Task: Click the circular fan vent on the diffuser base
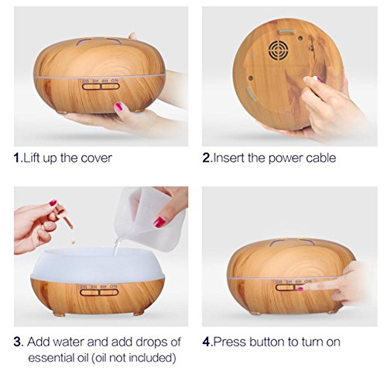click(x=278, y=50)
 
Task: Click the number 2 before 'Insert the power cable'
click(x=207, y=158)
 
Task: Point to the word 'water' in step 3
click(x=69, y=342)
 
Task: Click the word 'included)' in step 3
click(x=152, y=358)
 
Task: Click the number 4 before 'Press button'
click(x=207, y=342)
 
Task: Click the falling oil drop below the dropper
click(x=74, y=242)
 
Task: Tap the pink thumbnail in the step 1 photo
click(x=118, y=106)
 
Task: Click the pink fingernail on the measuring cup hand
click(x=159, y=222)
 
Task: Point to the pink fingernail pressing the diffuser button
click(x=300, y=289)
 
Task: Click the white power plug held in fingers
click(x=317, y=79)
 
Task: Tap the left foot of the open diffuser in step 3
click(x=59, y=314)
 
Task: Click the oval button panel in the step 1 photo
click(x=101, y=86)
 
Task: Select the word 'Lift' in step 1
click(x=33, y=158)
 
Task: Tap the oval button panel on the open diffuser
click(x=99, y=292)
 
